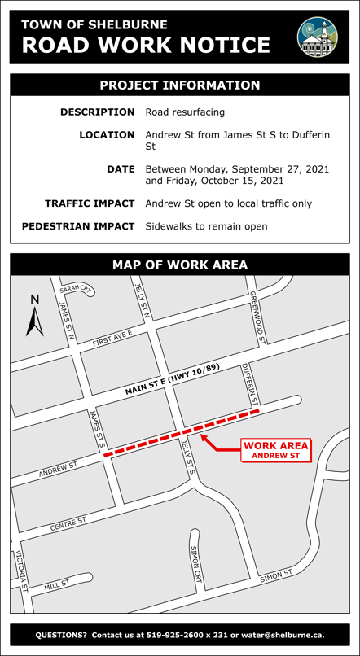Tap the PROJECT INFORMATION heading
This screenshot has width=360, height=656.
pos(180,85)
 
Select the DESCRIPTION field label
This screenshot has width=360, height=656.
pos(98,112)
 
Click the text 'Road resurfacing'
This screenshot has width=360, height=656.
pos(185,112)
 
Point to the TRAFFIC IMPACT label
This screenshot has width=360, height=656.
pos(90,203)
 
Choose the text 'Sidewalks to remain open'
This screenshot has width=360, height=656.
pos(206,226)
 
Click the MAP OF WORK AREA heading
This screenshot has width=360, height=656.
pos(180,265)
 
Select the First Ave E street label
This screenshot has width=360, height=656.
pos(112,339)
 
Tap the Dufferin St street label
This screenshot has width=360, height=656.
pos(250,384)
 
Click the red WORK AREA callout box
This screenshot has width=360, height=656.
pos(276,450)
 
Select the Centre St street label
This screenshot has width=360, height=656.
pos(68,524)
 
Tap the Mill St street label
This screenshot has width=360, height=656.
pos(58,584)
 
